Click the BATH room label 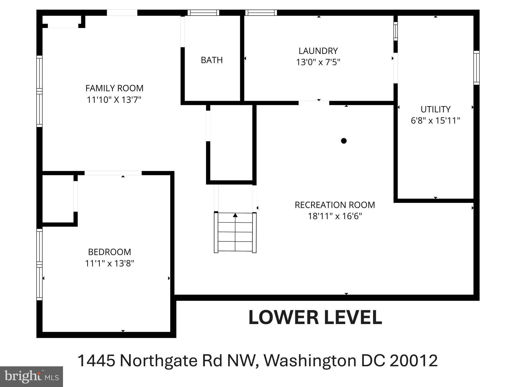(212, 60)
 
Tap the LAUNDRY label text (318, 51)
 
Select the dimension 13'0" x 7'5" (318, 62)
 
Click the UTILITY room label (435, 109)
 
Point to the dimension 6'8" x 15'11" (435, 121)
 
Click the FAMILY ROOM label (114, 88)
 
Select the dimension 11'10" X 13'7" (114, 100)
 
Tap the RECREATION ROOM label (335, 205)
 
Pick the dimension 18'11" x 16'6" (335, 216)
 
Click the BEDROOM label (110, 252)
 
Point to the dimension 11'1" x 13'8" (110, 264)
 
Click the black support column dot (344, 141)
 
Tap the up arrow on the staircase (235, 215)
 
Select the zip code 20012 (413, 361)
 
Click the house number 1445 (96, 361)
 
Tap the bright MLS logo (31, 376)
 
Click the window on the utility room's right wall (476, 68)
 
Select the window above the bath (203, 13)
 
